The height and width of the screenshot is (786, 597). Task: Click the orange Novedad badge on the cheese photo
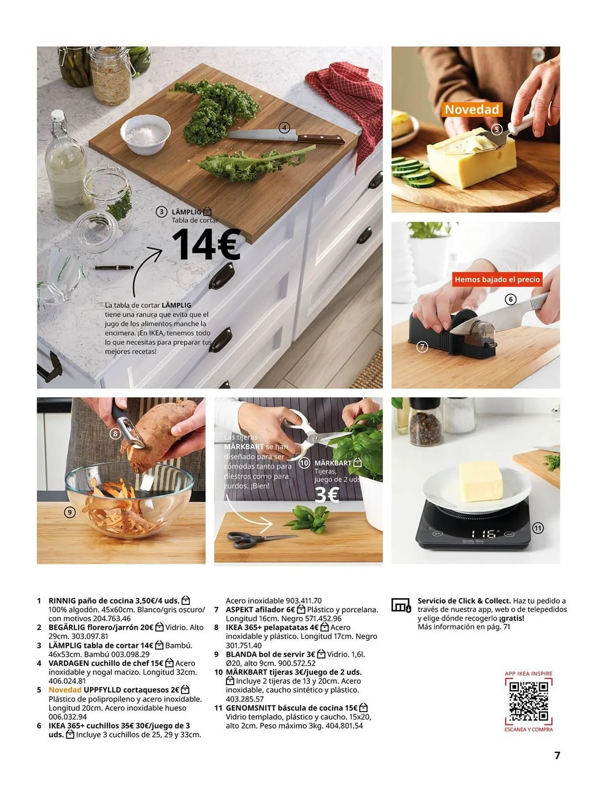click(472, 109)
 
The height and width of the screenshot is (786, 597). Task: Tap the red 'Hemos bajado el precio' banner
click(497, 279)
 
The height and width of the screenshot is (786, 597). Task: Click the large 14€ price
click(206, 244)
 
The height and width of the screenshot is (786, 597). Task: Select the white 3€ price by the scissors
click(327, 495)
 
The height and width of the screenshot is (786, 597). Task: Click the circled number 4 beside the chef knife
click(284, 128)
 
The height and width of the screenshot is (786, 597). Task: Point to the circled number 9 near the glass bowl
click(70, 512)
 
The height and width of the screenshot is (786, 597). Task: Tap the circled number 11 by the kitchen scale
click(538, 528)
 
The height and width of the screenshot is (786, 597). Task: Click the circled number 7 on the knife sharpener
click(422, 347)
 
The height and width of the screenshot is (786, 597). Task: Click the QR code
click(529, 701)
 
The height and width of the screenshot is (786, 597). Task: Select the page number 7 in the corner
click(557, 755)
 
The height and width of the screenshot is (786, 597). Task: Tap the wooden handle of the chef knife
click(321, 139)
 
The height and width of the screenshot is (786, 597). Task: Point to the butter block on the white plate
click(480, 481)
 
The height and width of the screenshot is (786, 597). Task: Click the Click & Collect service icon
click(401, 606)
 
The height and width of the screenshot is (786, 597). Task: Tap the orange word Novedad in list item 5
click(65, 690)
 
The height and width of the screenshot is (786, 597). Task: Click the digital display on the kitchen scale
click(485, 534)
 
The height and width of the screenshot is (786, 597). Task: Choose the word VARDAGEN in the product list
click(68, 663)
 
